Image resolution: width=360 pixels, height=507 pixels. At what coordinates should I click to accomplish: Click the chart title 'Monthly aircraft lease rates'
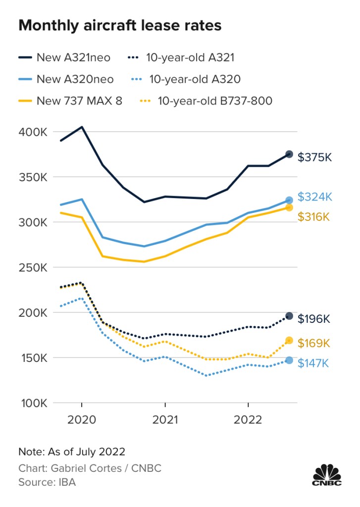pyautogui.click(x=119, y=26)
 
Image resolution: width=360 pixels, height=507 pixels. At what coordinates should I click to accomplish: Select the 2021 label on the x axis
pyautogui.click(x=165, y=420)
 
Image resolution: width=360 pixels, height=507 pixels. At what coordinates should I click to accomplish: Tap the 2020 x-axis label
pyautogui.click(x=82, y=420)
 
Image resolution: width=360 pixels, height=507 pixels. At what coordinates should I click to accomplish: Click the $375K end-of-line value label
pyautogui.click(x=314, y=157)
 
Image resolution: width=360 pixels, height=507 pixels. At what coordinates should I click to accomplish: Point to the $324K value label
pyautogui.click(x=314, y=197)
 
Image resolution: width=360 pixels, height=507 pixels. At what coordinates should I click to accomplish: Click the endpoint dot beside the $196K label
pyautogui.click(x=289, y=316)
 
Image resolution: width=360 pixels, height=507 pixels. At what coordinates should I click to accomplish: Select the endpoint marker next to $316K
pyautogui.click(x=289, y=207)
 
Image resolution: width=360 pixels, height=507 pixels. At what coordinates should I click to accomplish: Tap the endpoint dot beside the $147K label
pyautogui.click(x=289, y=360)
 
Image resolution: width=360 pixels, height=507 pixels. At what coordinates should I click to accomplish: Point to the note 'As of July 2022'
pyautogui.click(x=72, y=452)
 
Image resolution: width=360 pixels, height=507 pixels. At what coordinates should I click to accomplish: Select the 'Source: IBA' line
pyautogui.click(x=47, y=482)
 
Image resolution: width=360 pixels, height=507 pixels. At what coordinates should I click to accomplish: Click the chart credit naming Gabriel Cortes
pyautogui.click(x=90, y=468)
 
